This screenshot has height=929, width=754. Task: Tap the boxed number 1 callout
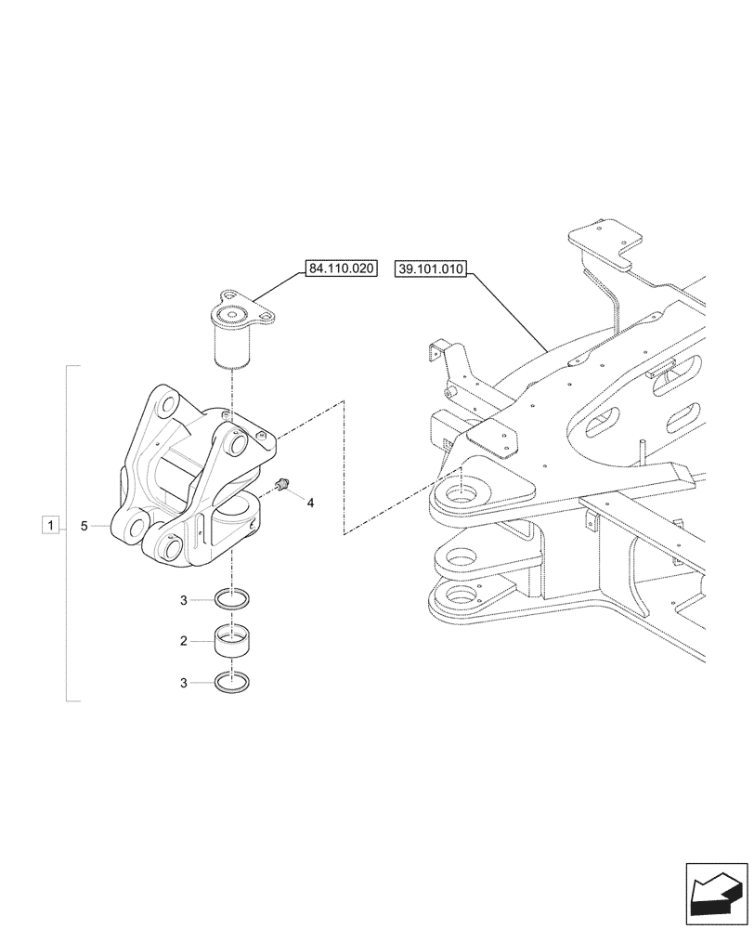[49, 527]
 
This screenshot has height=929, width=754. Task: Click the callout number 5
[84, 527]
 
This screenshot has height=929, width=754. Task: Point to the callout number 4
[310, 503]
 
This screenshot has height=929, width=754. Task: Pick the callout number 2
[184, 641]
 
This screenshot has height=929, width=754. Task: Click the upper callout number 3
[184, 600]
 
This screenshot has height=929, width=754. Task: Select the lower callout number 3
[184, 682]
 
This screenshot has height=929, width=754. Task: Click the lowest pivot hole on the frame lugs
[457, 595]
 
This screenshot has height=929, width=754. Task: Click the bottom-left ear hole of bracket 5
[132, 529]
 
